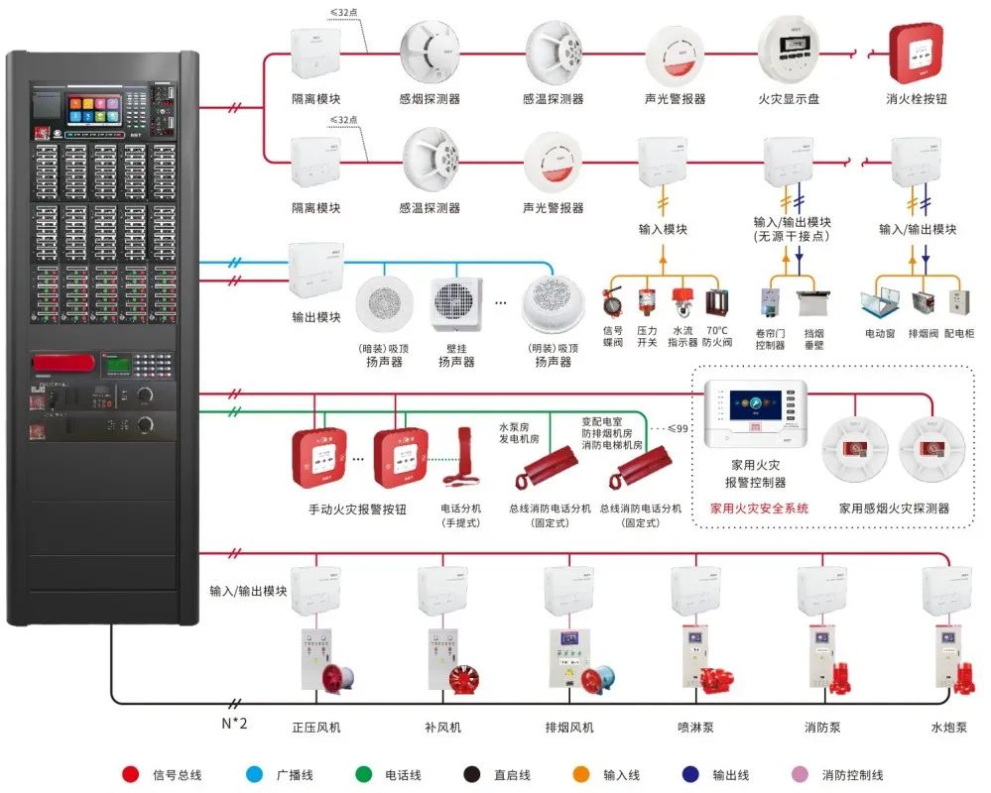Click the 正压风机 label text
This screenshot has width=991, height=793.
(x=316, y=728)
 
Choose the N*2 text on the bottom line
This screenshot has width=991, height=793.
(x=234, y=723)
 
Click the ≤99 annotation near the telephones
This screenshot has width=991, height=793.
(x=678, y=428)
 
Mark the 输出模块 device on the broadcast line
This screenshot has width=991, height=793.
(x=316, y=270)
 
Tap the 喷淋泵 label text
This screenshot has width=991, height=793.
(x=694, y=728)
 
